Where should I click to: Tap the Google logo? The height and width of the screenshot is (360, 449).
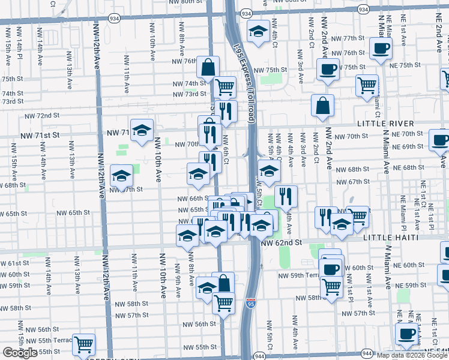(20, 353)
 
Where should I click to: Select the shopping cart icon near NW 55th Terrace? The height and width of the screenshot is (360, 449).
(83, 344)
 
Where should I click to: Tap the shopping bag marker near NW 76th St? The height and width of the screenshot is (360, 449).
(208, 68)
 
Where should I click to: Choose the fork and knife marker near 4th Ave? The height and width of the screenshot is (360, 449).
(286, 196)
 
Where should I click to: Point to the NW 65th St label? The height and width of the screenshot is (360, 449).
(73, 212)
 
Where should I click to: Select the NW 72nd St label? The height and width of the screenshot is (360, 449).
(42, 115)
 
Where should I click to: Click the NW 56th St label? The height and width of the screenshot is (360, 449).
(200, 323)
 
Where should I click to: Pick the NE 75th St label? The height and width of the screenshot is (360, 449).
(405, 65)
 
